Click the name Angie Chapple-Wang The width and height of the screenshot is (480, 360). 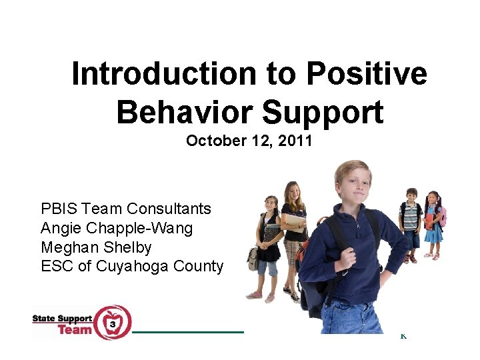(117, 228)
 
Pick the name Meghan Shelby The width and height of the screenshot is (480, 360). (96, 247)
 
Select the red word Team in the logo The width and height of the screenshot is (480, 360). (74, 329)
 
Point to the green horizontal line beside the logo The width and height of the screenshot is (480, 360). (188, 331)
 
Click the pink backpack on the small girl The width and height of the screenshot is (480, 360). (442, 216)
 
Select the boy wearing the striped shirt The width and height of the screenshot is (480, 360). (411, 223)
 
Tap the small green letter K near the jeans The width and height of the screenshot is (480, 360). (403, 336)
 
